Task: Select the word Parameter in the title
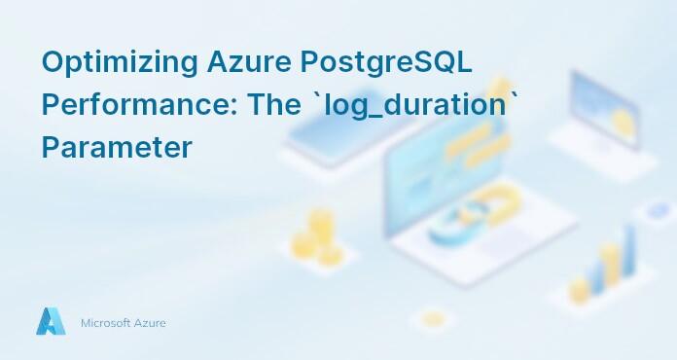click(117, 148)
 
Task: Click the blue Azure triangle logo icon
click(51, 322)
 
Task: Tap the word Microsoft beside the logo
click(105, 323)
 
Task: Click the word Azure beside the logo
click(150, 323)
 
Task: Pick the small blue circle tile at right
click(649, 211)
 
